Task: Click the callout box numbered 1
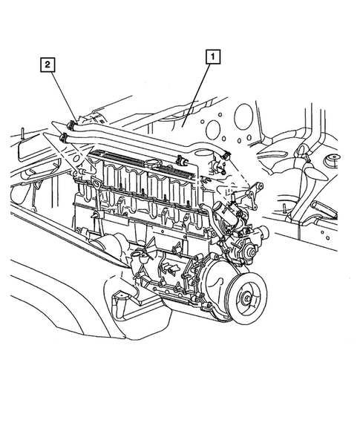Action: (212, 55)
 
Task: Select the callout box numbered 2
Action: (47, 65)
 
